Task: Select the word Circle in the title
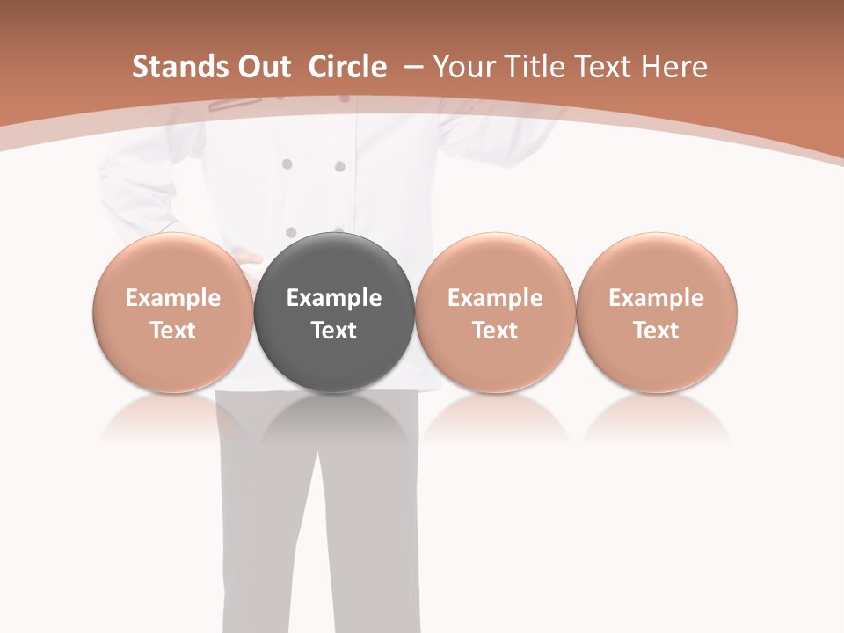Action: coord(347,67)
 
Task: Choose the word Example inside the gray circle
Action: coord(334,298)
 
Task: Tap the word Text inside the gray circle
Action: coord(334,331)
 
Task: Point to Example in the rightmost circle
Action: coord(657,298)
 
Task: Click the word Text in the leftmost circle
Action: coord(173,331)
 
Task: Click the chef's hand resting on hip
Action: coord(242,258)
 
